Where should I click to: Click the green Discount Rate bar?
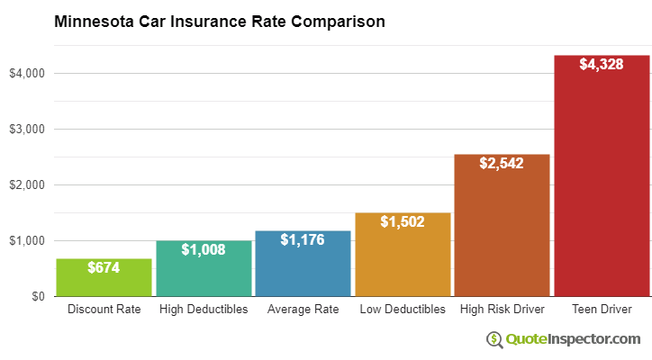104,279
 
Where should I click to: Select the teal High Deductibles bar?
204,270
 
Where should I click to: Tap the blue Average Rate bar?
303,265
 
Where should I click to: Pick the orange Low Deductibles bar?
403,256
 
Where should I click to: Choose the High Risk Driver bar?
502,229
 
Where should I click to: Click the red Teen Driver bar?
602,180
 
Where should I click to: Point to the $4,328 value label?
602,65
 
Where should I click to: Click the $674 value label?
104,268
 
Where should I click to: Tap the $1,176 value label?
303,240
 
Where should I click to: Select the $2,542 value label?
502,164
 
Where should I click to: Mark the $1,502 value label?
403,221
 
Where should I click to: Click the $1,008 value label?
204,249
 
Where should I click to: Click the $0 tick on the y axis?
38,296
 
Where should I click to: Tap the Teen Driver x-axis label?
602,310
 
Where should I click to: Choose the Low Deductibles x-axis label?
403,310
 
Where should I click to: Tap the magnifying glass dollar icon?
494,339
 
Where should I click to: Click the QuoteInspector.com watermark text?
573,339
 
